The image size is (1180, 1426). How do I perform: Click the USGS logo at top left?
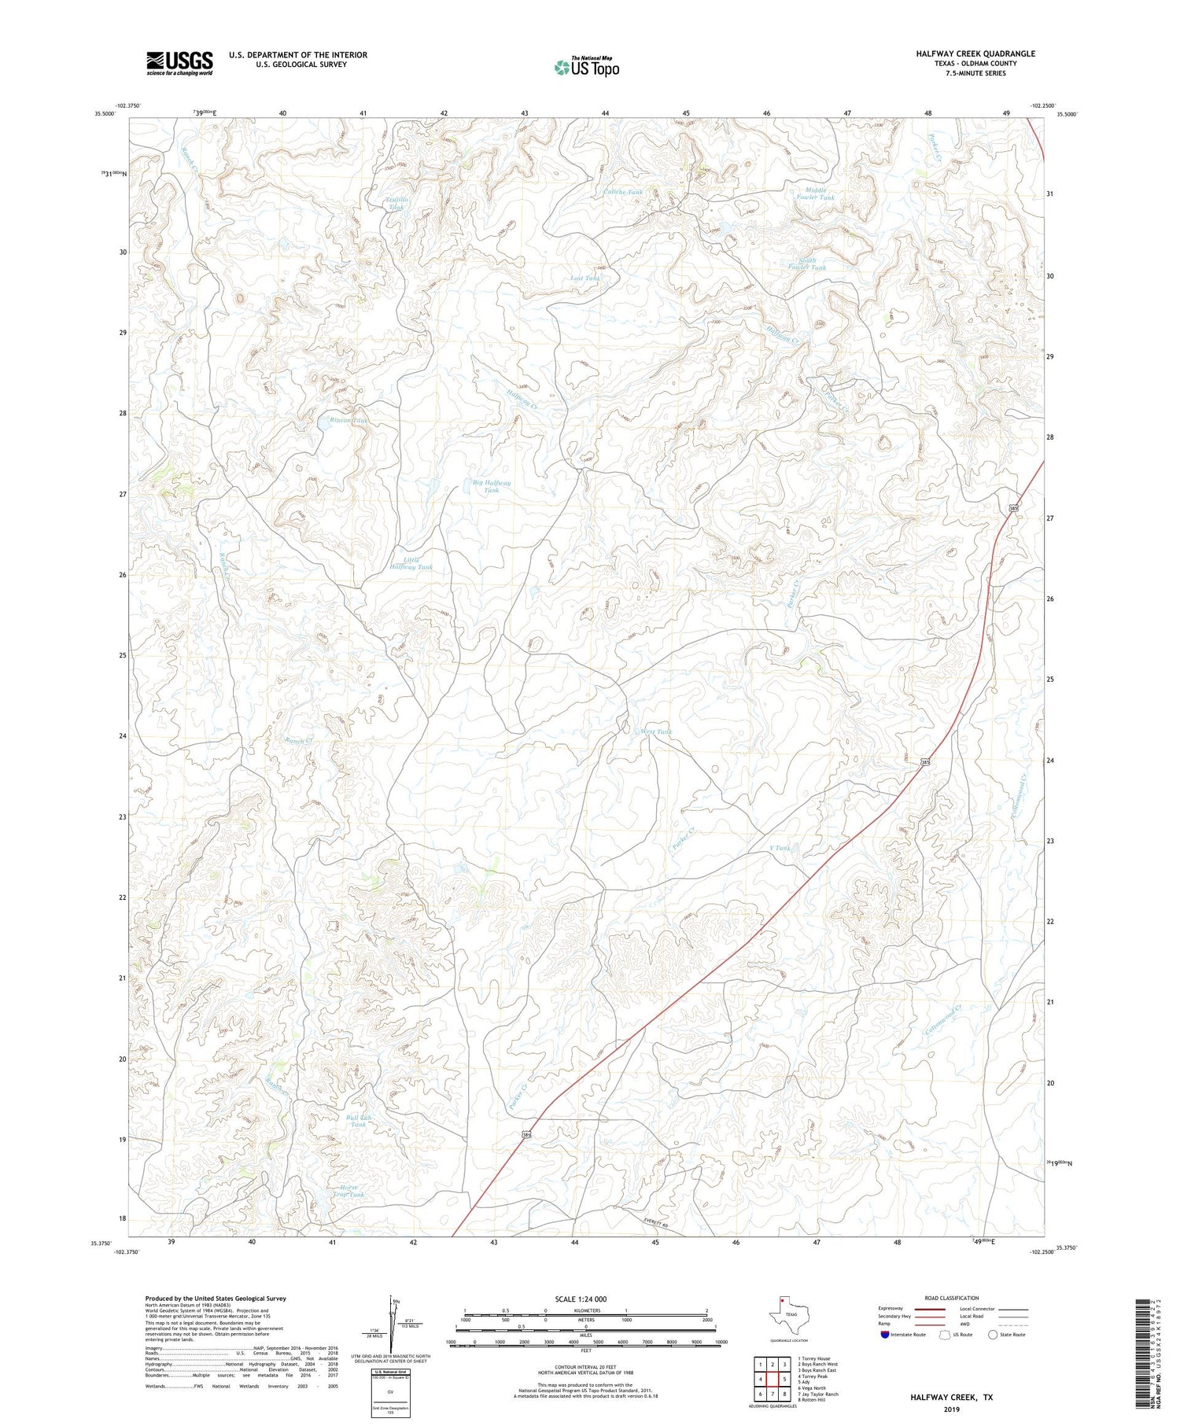tap(179, 63)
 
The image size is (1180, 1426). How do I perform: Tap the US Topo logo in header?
tap(587, 67)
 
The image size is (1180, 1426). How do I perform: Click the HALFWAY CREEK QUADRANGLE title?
tap(975, 53)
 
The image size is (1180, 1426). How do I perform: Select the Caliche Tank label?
tap(623, 192)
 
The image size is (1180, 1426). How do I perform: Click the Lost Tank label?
tap(585, 278)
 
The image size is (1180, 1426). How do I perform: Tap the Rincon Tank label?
tap(348, 421)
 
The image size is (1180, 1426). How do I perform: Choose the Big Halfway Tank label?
tap(491, 486)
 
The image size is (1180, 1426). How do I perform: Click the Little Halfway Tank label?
tap(411, 563)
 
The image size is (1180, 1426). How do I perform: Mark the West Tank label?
tap(656, 731)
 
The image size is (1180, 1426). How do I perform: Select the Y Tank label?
tap(779, 848)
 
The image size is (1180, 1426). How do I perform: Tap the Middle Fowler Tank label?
tap(815, 193)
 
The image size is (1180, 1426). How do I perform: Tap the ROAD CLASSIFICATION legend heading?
tap(951, 1298)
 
